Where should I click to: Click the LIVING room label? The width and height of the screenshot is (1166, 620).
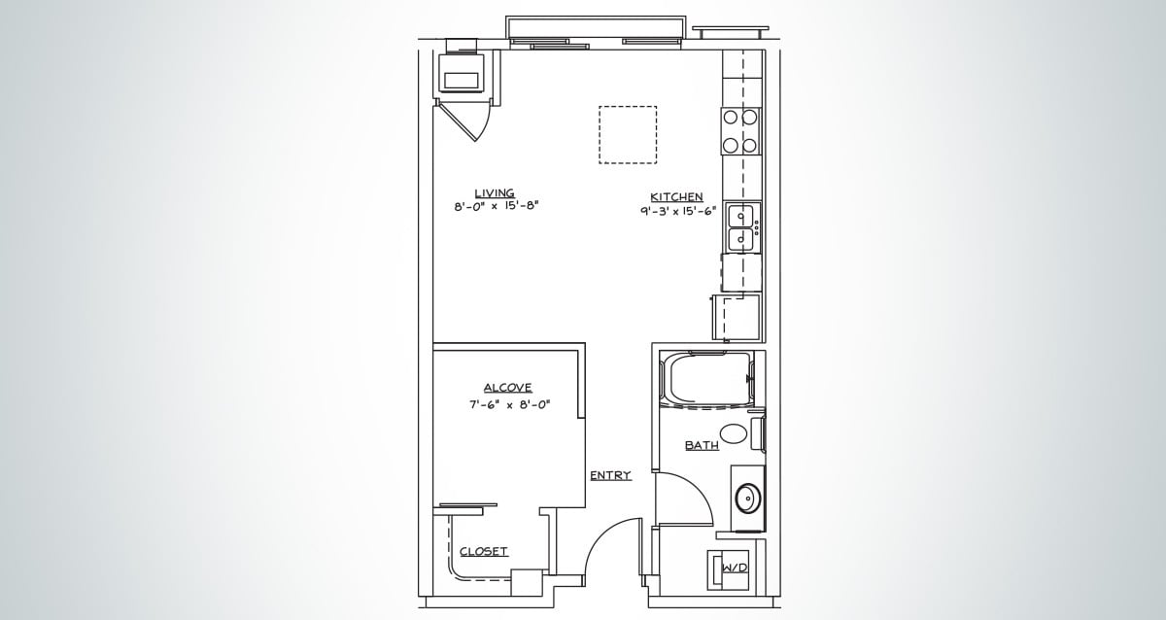[494, 192]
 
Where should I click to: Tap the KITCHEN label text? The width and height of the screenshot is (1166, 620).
[676, 197]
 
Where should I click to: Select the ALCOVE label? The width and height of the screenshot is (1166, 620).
[507, 388]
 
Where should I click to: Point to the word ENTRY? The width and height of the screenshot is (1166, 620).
[610, 475]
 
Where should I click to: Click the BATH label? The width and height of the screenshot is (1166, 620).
[702, 446]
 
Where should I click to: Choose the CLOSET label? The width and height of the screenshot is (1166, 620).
[483, 551]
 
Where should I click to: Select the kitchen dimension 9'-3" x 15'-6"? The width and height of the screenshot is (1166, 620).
[677, 211]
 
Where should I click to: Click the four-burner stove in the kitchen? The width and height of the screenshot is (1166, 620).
[739, 131]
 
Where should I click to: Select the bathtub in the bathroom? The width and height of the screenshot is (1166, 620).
[706, 379]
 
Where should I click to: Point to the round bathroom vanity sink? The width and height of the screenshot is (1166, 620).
[746, 499]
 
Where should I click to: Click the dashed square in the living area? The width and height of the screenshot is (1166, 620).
[627, 134]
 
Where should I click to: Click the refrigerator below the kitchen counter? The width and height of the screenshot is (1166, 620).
[737, 317]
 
